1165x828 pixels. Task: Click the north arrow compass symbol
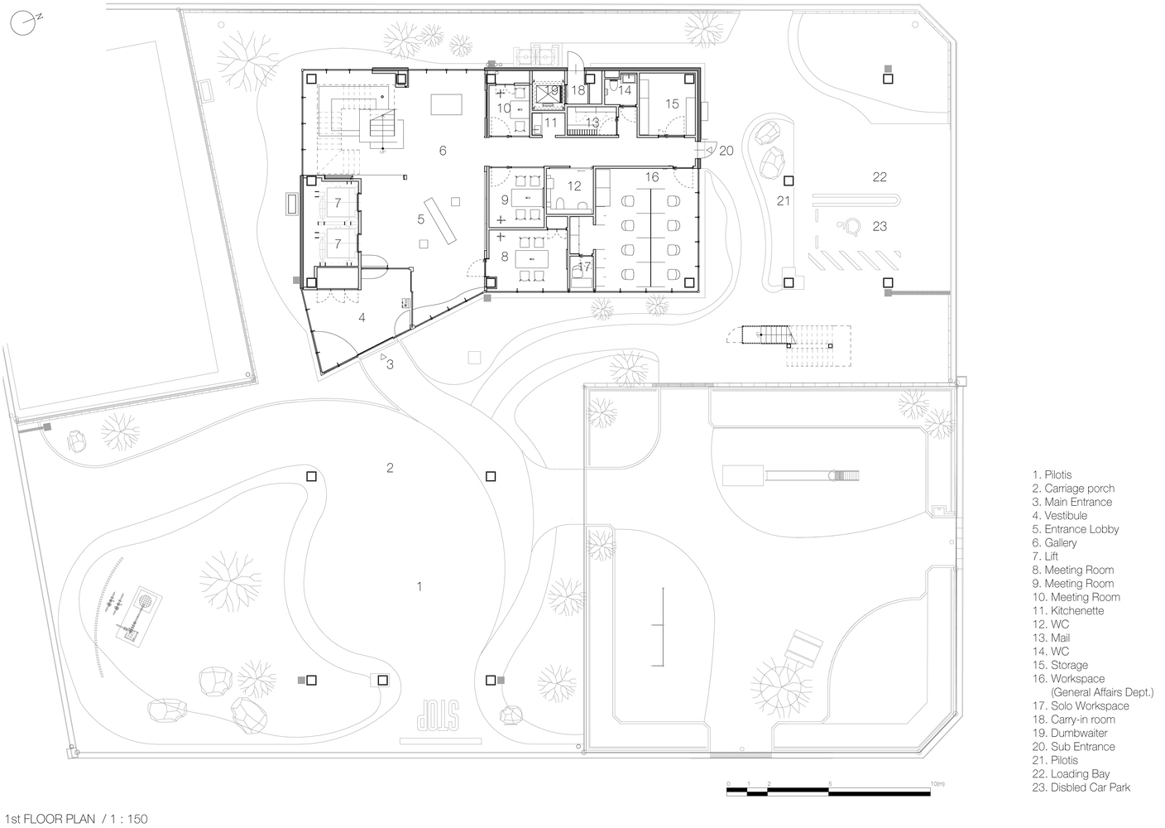click(23, 23)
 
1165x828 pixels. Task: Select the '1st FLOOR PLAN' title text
click(50, 819)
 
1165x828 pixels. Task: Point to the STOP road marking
click(438, 715)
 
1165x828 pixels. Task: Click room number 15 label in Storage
click(672, 104)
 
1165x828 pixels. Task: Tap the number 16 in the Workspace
click(652, 177)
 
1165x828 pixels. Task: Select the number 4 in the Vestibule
click(362, 317)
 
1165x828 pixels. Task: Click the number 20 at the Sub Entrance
click(726, 151)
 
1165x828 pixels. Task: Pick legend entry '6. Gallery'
click(1055, 543)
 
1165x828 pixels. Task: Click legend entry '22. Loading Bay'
click(1071, 774)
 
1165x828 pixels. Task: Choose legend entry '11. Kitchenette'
click(1067, 610)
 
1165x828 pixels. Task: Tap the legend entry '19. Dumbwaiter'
click(1070, 733)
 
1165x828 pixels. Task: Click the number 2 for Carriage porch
click(390, 468)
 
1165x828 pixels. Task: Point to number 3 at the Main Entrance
click(390, 364)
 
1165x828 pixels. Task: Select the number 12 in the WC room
click(574, 185)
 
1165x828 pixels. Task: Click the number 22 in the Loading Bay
click(880, 177)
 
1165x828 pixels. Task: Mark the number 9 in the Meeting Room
click(505, 200)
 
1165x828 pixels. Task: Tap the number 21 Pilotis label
click(784, 201)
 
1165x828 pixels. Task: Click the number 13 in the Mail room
click(592, 123)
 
